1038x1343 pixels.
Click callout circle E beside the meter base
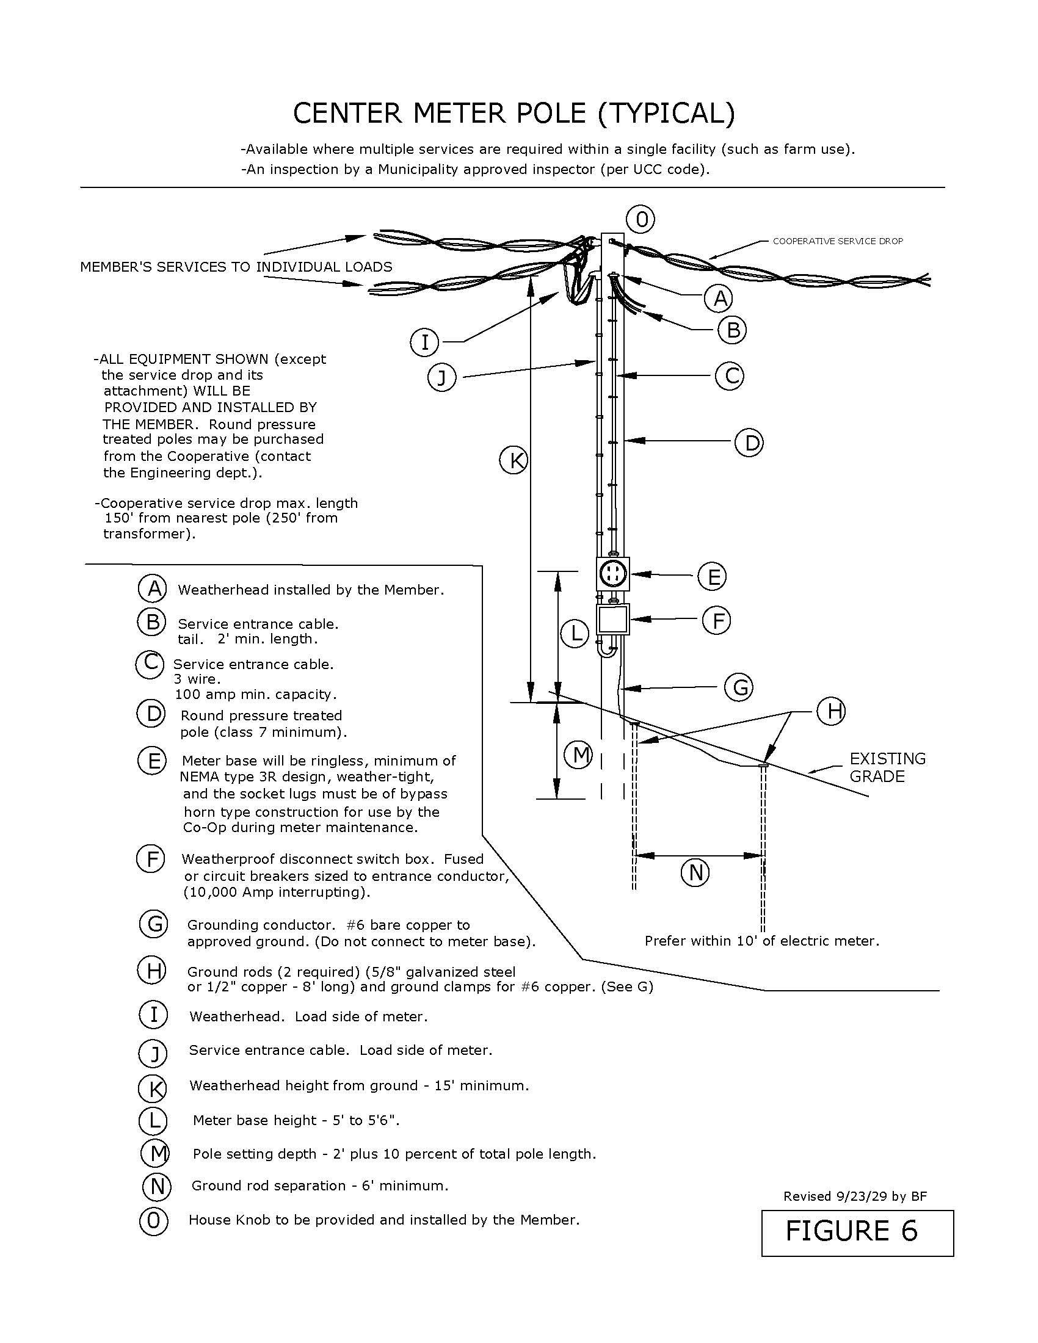click(x=713, y=576)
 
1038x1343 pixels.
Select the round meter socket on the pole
click(x=613, y=574)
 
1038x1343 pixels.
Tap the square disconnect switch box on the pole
click(x=613, y=620)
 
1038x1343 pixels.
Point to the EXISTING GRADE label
click(x=887, y=767)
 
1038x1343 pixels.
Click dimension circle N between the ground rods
click(x=695, y=872)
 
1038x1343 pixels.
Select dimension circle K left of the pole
click(x=514, y=460)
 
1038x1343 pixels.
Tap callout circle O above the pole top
click(x=641, y=220)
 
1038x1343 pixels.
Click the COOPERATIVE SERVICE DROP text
click(x=838, y=241)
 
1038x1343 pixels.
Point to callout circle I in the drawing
click(x=424, y=342)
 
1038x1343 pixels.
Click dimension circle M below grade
click(x=581, y=755)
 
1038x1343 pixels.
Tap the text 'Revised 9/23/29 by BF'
click(x=855, y=1196)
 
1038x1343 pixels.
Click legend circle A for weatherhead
click(x=152, y=588)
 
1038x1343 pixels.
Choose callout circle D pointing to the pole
click(x=749, y=443)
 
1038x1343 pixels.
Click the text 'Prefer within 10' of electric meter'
click(x=762, y=941)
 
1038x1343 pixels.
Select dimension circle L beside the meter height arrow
click(x=576, y=634)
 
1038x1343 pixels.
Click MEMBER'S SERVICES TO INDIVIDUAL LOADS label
click(x=236, y=267)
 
